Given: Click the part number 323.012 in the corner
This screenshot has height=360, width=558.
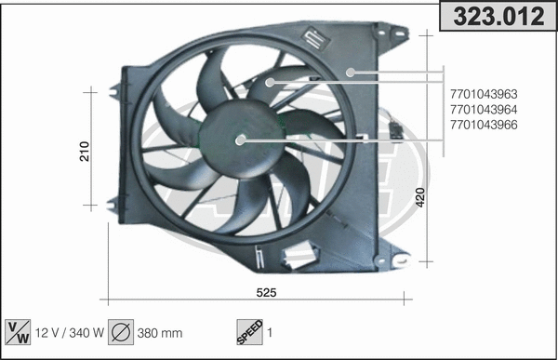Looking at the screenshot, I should click(498, 15).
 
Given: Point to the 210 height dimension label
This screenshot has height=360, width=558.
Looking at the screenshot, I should click(85, 152).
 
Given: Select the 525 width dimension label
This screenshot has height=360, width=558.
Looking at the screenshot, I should click(266, 292).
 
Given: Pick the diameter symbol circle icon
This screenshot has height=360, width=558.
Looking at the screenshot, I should click(122, 332).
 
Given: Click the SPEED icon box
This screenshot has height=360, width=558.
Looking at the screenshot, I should click(248, 332).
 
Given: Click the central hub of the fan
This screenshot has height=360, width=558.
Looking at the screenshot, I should click(240, 140).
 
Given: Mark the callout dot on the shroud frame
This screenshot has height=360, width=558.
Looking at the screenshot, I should click(351, 71).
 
